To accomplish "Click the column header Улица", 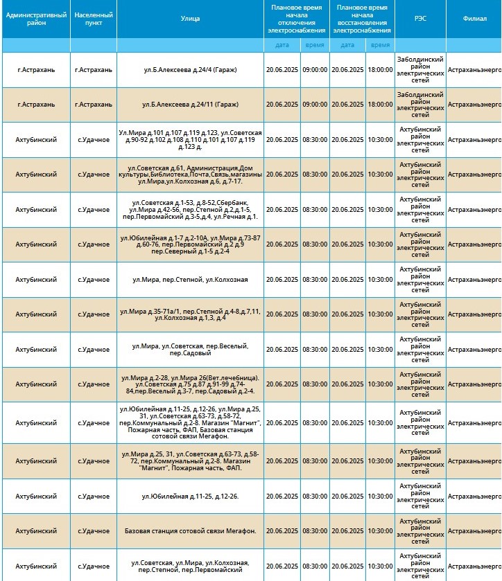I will click(191, 19).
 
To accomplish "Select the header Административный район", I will click(35, 19).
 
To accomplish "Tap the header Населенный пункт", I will click(93, 19).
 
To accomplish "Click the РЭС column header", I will click(420, 19).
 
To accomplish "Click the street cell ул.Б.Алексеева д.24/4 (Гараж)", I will click(191, 70).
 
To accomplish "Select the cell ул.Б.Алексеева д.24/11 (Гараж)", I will click(191, 105).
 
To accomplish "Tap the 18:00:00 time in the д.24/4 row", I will click(380, 70).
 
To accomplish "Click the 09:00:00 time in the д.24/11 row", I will click(314, 105).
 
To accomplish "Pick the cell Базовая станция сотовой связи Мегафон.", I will click(191, 531).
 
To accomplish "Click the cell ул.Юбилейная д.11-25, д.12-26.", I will click(191, 497).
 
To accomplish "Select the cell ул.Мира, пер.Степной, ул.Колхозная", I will click(191, 280).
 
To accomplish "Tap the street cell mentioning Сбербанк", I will click(191, 209).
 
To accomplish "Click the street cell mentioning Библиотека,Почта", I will click(191, 175).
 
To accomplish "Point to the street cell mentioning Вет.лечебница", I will click(191, 384).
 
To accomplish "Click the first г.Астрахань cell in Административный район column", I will click(35, 70).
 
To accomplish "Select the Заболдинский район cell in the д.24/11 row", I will click(420, 105).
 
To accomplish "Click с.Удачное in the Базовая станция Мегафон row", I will click(93, 531).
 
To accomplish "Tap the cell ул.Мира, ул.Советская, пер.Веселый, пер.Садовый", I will click(191, 350).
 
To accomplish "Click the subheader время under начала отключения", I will click(314, 45).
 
